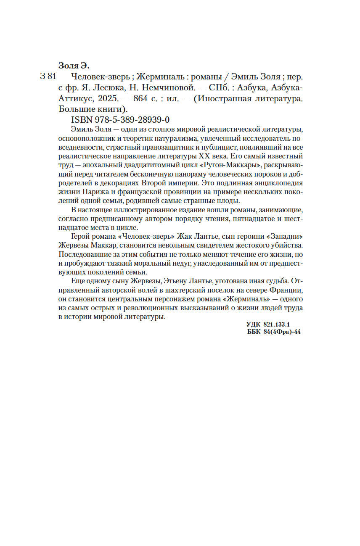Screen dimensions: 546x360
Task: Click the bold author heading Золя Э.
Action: click(74, 66)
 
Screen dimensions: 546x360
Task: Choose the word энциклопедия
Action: click(278, 183)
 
